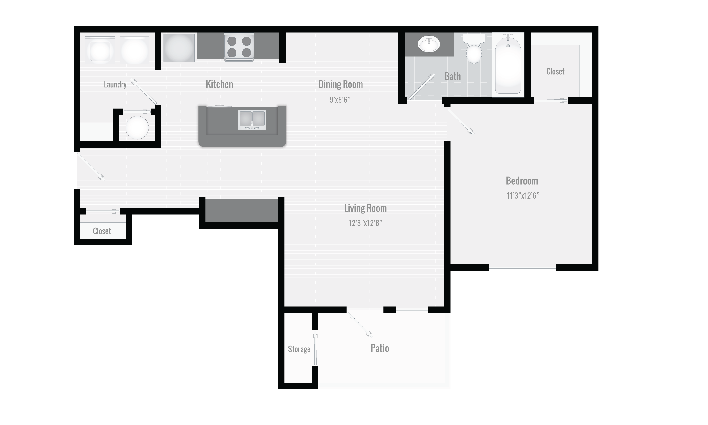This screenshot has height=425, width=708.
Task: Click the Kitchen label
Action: (219, 84)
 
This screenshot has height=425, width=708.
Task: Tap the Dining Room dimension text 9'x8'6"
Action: (340, 100)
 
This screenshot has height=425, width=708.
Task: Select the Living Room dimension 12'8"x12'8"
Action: (365, 223)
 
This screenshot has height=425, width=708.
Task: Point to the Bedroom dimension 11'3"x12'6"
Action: (523, 195)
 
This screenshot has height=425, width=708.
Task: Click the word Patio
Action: (379, 348)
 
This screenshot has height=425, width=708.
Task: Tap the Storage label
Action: (299, 349)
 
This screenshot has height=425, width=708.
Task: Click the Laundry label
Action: (115, 85)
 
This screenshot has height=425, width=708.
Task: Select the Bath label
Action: (452, 76)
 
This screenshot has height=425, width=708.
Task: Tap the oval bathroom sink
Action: (429, 44)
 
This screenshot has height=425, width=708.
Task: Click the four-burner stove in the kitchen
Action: (239, 47)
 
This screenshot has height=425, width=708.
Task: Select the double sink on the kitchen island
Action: (252, 119)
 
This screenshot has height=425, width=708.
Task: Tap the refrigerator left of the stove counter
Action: (179, 48)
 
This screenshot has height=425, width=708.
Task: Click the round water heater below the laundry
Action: (137, 127)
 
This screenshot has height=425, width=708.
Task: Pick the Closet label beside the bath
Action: (555, 71)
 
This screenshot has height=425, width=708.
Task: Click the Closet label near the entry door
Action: (102, 231)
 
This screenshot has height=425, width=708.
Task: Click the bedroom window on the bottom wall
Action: (522, 268)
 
